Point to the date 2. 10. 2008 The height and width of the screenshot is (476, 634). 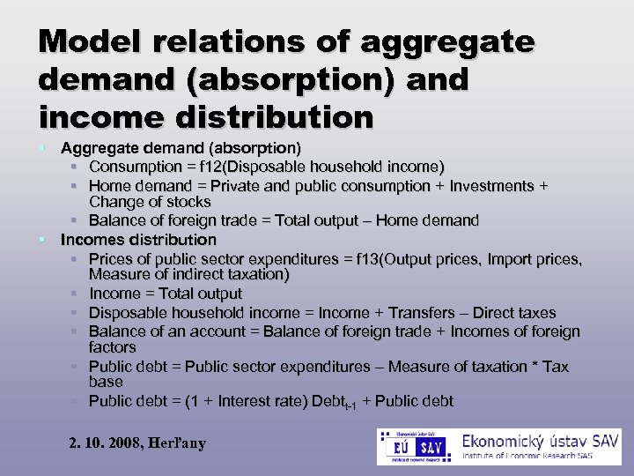pyautogui.click(x=104, y=443)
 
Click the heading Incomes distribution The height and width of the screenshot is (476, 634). pyautogui.click(x=138, y=240)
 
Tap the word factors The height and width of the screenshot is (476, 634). pyautogui.click(x=113, y=347)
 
